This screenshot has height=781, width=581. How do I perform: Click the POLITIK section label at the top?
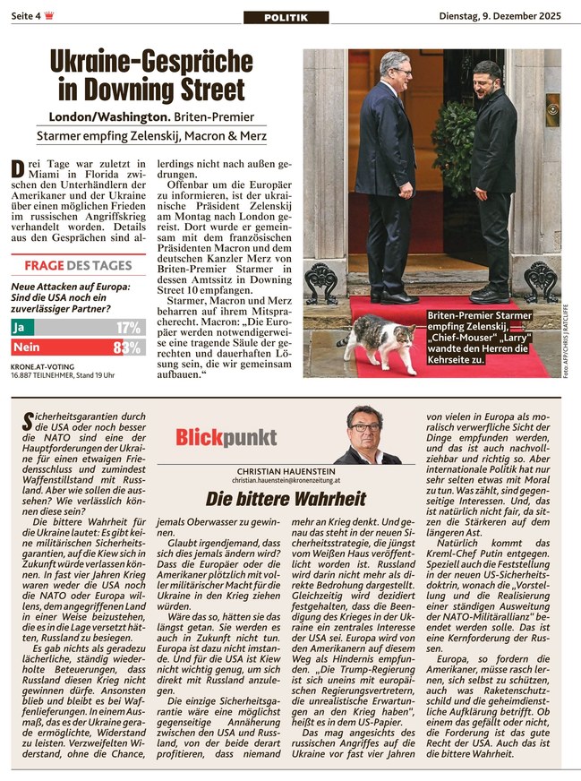(286, 18)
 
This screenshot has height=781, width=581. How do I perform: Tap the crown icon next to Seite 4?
(49, 16)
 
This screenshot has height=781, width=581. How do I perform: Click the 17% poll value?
(129, 328)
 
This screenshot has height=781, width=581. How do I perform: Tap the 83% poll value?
(129, 348)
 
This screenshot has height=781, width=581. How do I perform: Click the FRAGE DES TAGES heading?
(77, 266)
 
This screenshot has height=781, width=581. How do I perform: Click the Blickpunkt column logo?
(213, 437)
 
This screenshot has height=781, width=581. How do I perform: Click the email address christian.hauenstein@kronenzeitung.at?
(286, 481)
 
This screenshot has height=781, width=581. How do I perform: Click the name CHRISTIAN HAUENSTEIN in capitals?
(286, 471)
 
